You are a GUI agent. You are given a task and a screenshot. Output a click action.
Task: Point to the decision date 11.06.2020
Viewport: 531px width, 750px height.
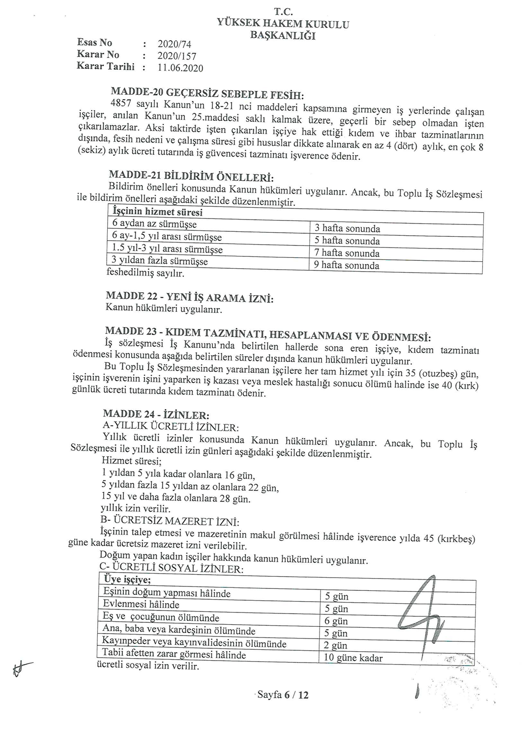click(x=180, y=68)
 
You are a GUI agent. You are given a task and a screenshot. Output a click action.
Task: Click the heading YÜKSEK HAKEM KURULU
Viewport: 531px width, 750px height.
click(x=283, y=24)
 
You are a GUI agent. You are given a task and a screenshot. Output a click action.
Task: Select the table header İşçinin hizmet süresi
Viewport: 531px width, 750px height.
click(x=157, y=212)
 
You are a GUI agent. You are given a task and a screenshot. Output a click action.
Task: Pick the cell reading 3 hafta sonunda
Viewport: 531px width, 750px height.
click(x=347, y=228)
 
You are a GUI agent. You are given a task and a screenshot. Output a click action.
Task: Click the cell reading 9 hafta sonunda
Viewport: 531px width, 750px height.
click(x=347, y=265)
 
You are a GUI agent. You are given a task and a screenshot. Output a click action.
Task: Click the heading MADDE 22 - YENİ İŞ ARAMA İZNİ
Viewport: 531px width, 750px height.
click(x=190, y=298)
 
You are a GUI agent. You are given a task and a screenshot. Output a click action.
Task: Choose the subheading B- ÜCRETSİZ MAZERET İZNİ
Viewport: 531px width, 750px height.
click(x=170, y=521)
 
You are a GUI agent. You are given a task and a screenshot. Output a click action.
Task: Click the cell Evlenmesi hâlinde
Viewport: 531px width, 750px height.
click(x=141, y=605)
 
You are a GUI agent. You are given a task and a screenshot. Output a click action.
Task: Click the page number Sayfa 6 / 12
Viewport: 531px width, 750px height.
click(x=283, y=694)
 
